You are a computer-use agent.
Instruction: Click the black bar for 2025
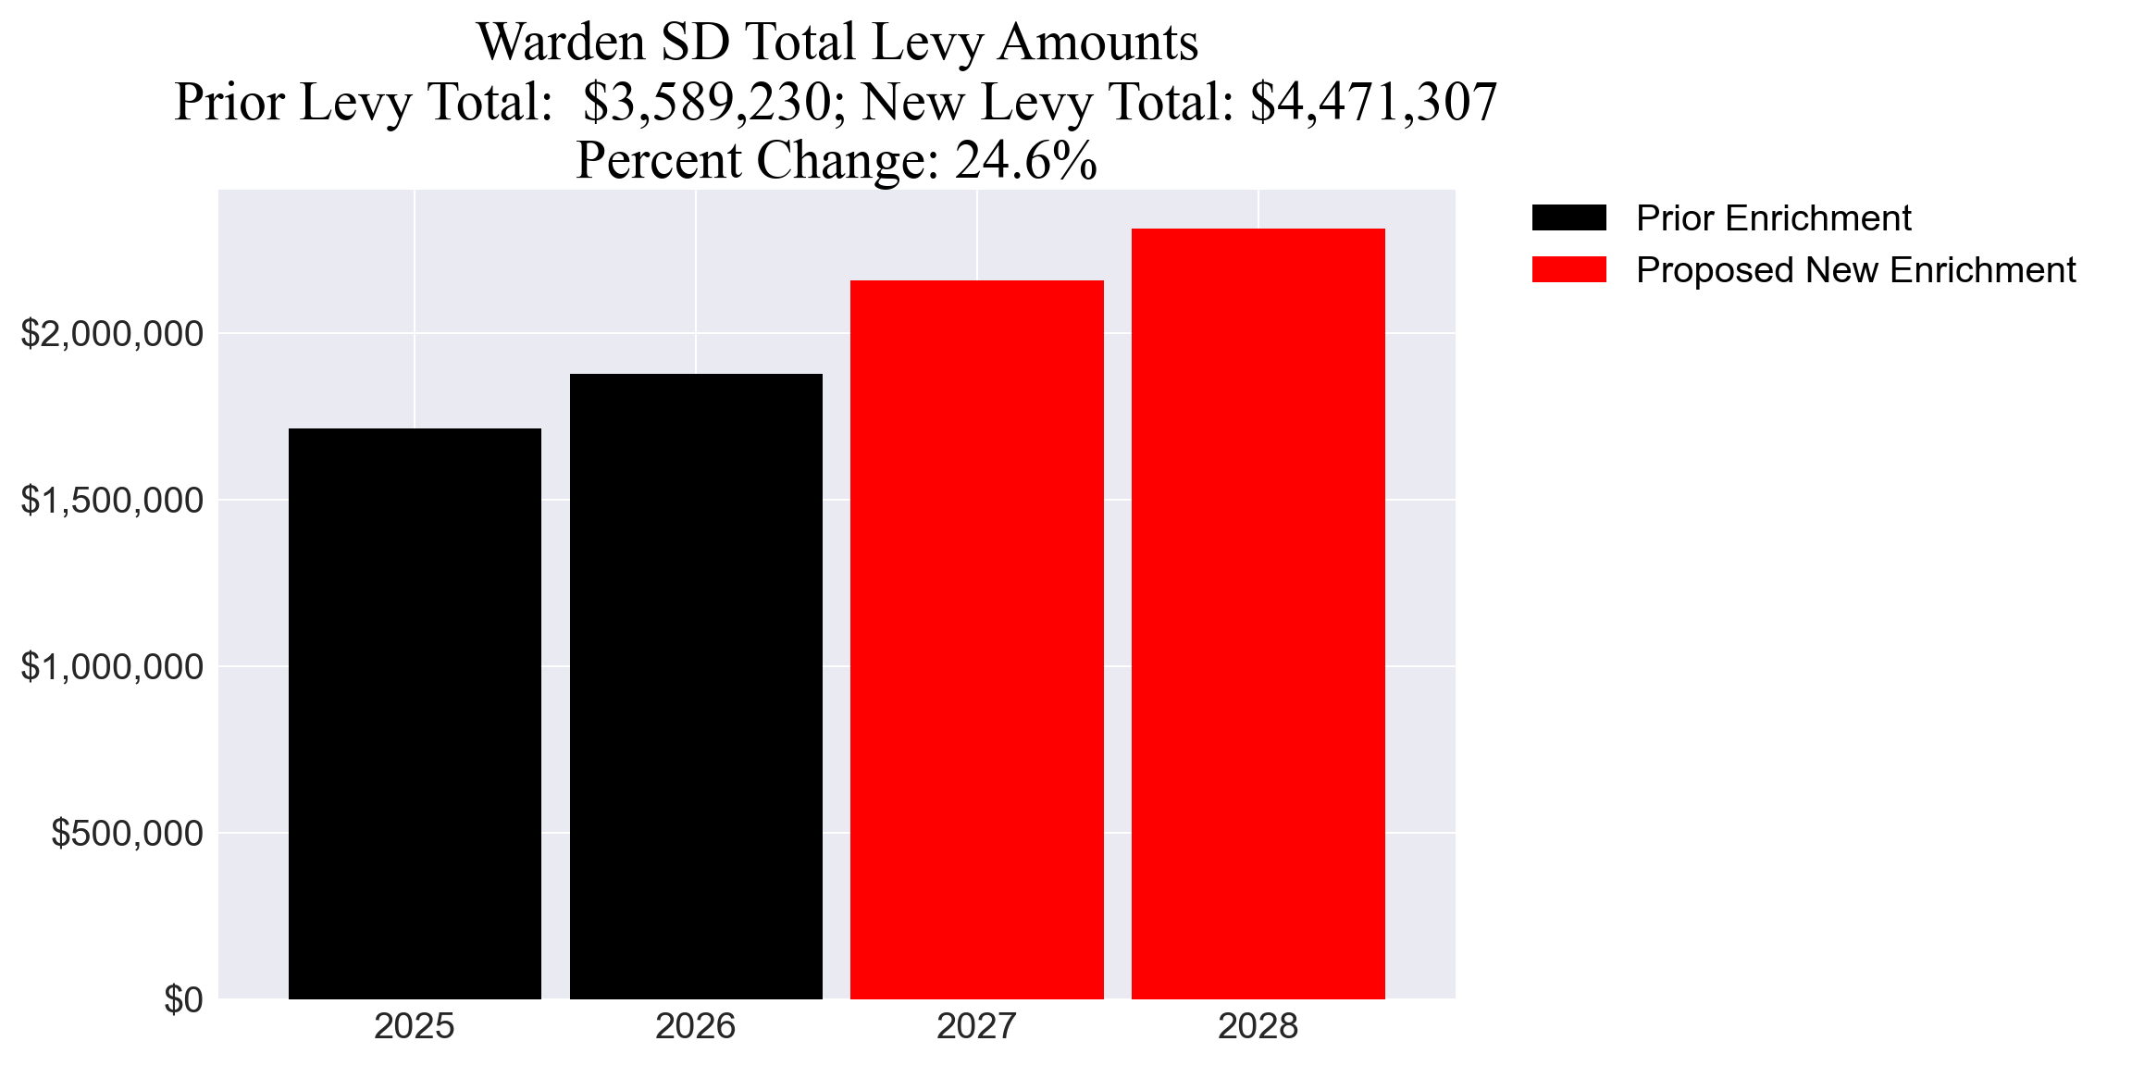415,713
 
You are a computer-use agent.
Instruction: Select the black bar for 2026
696,686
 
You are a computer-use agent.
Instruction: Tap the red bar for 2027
977,638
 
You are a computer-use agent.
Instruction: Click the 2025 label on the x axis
415,1026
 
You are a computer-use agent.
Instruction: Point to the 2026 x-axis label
696,1026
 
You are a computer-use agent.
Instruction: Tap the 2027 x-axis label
977,1026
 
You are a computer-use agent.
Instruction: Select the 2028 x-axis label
1258,1026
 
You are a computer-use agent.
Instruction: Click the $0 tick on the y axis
183,999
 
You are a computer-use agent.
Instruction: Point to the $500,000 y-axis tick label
127,833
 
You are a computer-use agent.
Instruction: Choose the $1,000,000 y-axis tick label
112,666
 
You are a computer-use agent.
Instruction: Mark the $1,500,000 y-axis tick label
112,500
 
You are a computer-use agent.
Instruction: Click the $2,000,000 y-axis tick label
112,333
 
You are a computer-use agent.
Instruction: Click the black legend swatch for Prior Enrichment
1568,218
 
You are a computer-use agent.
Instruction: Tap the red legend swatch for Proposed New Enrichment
1568,270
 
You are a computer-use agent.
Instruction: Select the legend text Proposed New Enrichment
1855,270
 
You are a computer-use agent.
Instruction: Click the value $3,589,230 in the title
707,102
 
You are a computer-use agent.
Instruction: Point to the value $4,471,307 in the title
1373,102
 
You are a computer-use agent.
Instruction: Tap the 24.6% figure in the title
1026,160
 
